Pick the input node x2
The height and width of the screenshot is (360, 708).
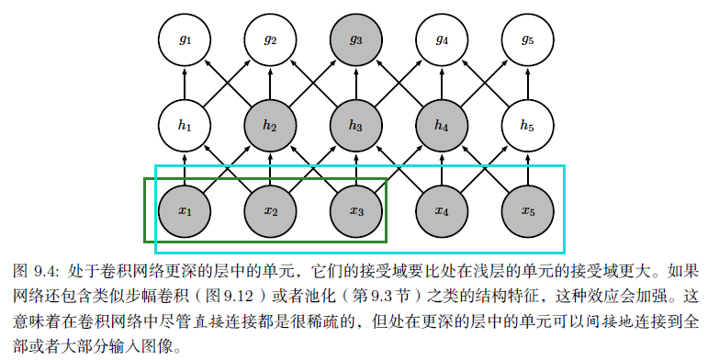pyautogui.click(x=270, y=211)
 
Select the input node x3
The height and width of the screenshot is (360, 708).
pyautogui.click(x=355, y=211)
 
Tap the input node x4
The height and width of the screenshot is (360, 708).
pyautogui.click(x=442, y=211)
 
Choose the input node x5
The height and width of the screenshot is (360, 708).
pyautogui.click(x=527, y=211)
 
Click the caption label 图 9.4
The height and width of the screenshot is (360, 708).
pyautogui.click(x=37, y=272)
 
